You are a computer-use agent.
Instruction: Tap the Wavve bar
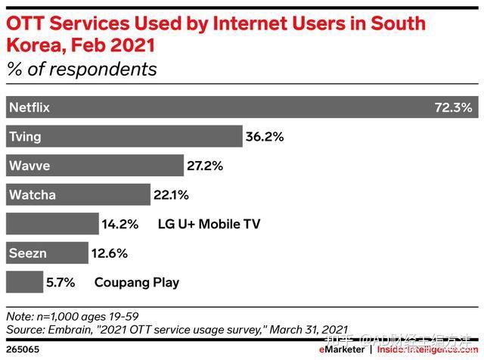(x=95, y=166)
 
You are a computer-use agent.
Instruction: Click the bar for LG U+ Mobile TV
(x=52, y=224)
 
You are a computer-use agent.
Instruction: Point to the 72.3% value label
(x=453, y=107)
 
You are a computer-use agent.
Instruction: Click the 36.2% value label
(x=264, y=137)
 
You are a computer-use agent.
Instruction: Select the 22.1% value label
(x=171, y=195)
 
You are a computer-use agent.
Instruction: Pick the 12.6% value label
(x=109, y=253)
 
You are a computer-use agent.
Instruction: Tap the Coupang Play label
(x=137, y=282)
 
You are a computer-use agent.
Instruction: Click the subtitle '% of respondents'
(x=82, y=70)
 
